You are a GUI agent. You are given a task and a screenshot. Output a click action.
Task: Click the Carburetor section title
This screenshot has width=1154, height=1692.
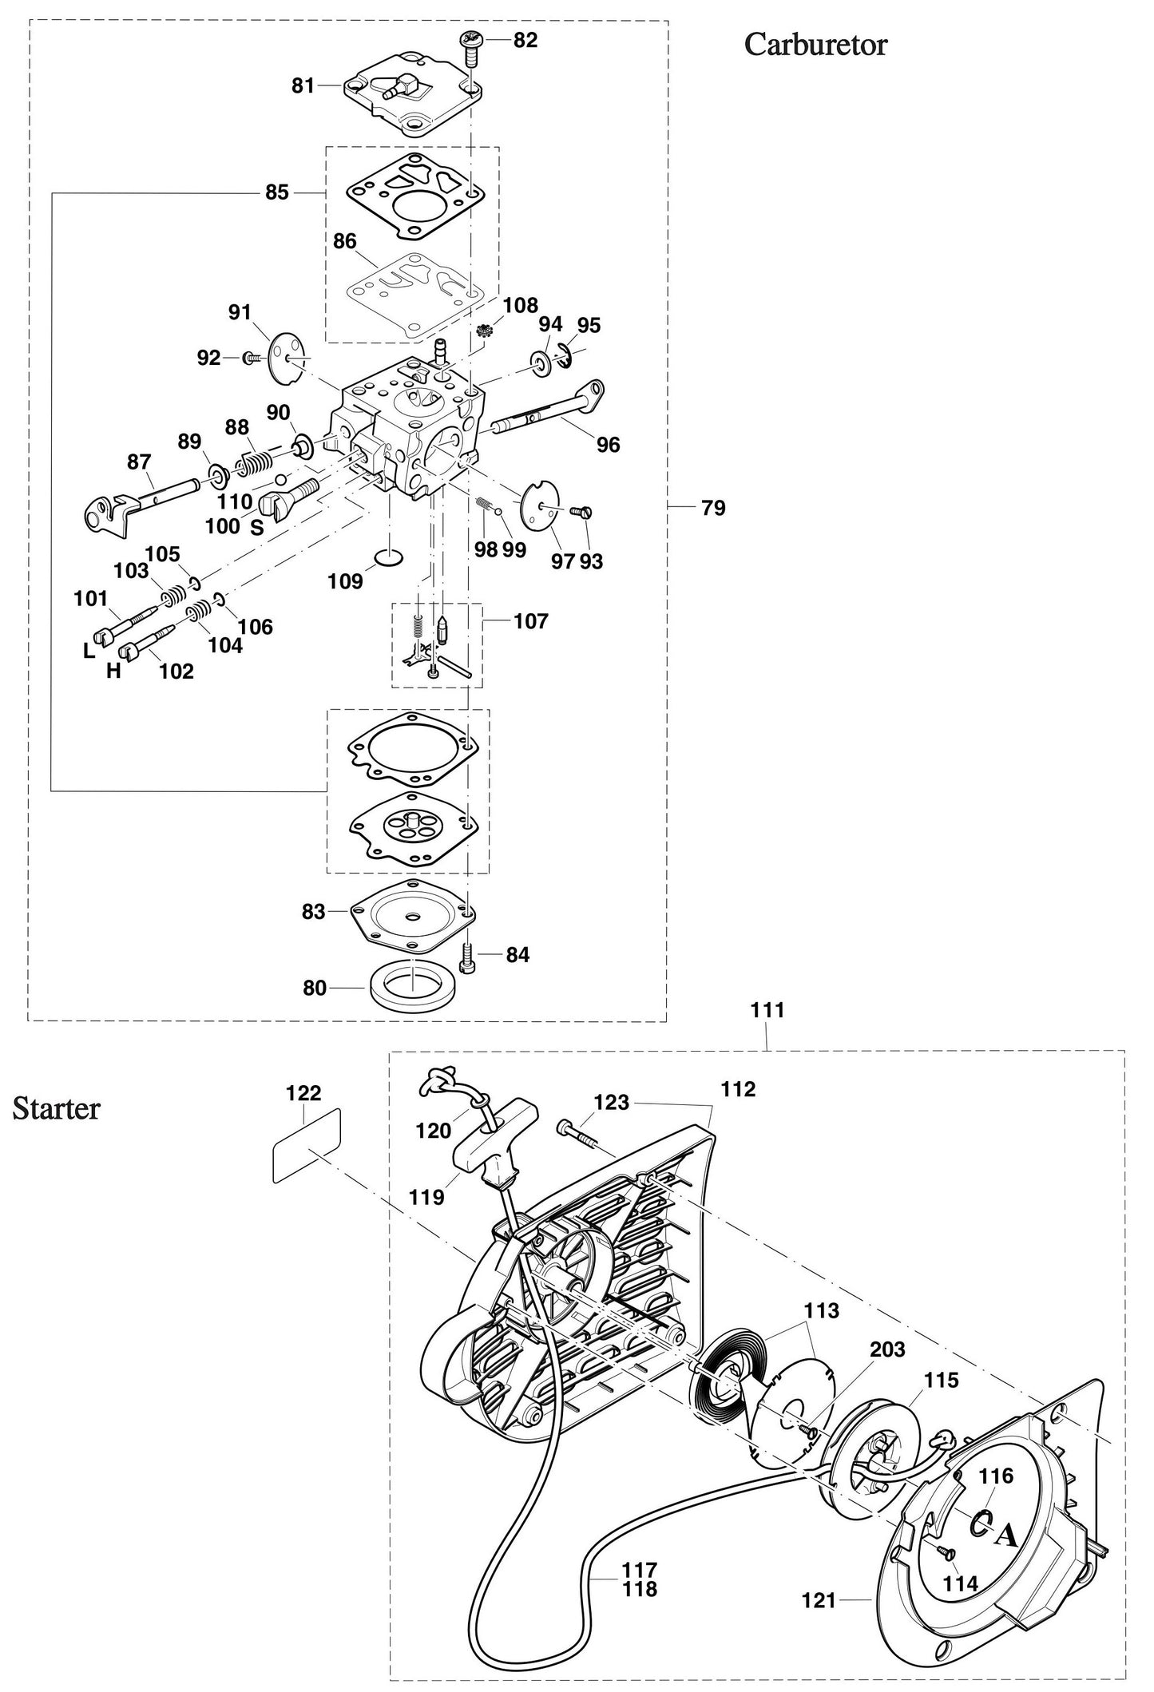coord(815,45)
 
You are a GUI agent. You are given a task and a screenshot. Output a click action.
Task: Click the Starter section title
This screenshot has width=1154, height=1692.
coord(56,1109)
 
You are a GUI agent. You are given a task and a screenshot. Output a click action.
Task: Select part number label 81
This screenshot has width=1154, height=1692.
coord(303,85)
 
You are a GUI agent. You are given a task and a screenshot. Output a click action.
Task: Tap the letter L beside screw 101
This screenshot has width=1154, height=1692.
coord(88,651)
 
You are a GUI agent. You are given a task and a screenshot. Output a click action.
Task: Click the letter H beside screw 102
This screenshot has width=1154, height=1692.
coord(113,671)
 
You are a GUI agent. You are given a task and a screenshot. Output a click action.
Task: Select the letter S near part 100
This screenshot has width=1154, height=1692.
coord(256,528)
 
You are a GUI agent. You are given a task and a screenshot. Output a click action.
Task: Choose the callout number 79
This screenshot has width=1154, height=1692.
coord(713,508)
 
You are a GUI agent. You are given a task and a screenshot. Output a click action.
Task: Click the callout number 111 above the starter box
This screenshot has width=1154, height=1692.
coord(767,1010)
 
